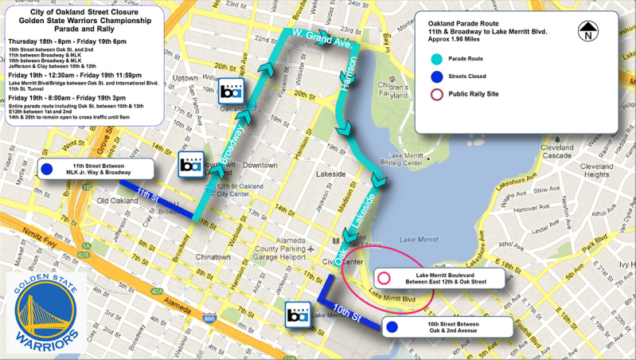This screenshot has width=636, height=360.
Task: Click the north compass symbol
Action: pos(587,31)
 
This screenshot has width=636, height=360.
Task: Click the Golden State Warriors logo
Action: pos(43,311)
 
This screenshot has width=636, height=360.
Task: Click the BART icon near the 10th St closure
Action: pos(298,315)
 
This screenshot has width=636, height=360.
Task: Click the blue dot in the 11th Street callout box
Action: pos(47,169)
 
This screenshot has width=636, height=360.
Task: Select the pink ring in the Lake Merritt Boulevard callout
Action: pos(384,279)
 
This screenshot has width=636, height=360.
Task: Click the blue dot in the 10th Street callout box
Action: pos(391,327)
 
